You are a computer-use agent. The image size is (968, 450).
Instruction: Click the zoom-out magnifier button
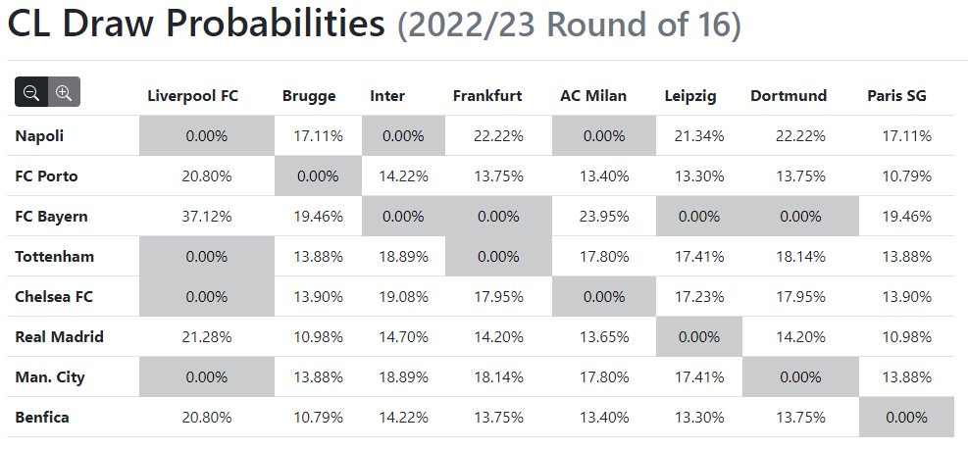coord(31,92)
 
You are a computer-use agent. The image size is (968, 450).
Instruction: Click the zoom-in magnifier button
coord(64,92)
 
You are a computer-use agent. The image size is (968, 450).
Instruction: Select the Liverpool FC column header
coord(192,96)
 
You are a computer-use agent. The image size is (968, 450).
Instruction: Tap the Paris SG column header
coord(897,96)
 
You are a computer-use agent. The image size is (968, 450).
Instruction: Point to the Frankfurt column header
coord(487,96)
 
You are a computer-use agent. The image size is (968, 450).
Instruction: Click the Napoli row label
coord(39,136)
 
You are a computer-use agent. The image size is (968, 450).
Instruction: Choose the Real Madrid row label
coord(59,337)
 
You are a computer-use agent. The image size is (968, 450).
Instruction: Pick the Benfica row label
coord(42,418)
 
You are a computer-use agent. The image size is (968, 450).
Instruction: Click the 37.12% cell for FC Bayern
coord(207,217)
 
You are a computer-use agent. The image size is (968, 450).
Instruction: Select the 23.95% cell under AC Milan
coord(604,217)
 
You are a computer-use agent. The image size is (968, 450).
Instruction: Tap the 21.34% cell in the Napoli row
coord(699,136)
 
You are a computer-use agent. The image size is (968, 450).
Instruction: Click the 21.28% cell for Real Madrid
coord(207,337)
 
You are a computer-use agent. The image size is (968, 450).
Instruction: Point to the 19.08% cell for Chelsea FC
coord(403,297)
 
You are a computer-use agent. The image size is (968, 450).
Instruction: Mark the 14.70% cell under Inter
coord(403,337)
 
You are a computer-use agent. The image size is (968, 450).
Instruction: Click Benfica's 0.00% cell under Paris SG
coord(906,418)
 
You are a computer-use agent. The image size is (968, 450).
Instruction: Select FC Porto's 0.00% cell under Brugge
coord(318,176)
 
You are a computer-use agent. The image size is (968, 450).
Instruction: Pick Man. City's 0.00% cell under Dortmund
coord(800,377)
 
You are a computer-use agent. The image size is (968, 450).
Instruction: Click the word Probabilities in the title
coord(269,25)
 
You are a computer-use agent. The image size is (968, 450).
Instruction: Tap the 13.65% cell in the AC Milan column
coord(604,337)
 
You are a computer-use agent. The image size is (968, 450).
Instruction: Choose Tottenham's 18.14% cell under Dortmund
coord(800,257)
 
